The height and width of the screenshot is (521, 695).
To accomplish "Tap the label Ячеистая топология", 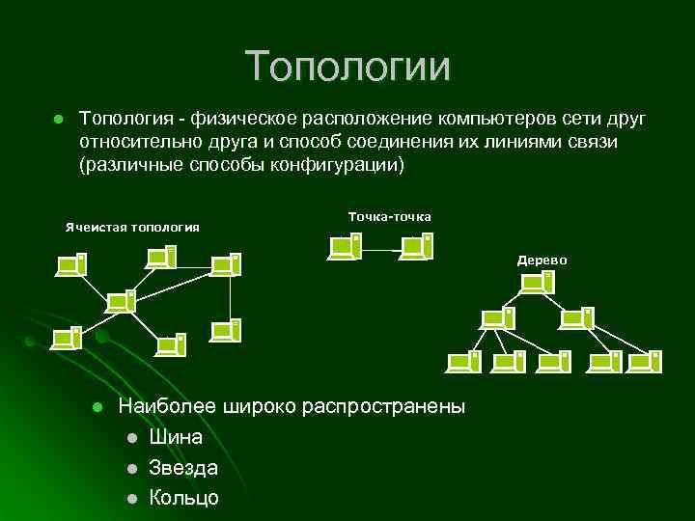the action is pos(132,227).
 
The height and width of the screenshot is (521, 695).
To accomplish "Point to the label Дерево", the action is pos(542,260).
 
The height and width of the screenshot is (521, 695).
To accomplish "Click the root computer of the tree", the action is pos(537,283).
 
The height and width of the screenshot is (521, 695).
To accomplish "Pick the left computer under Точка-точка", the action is pos(346,246).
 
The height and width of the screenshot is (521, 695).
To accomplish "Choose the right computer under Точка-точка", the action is pos(417,246).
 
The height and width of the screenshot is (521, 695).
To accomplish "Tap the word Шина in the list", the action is pos(176,437).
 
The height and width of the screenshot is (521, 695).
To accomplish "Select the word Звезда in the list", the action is pos(183,468).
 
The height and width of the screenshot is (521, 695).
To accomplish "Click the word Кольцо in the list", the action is pos(183,498).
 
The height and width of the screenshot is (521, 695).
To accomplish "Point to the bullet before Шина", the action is pos(130,438).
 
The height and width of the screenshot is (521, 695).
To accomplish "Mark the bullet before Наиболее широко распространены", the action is pos(97,407).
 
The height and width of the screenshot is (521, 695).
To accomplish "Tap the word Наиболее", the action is pos(159,406).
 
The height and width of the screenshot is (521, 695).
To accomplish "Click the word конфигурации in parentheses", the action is pos(343,164).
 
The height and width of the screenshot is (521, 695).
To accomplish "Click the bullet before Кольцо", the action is pos(130,499).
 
